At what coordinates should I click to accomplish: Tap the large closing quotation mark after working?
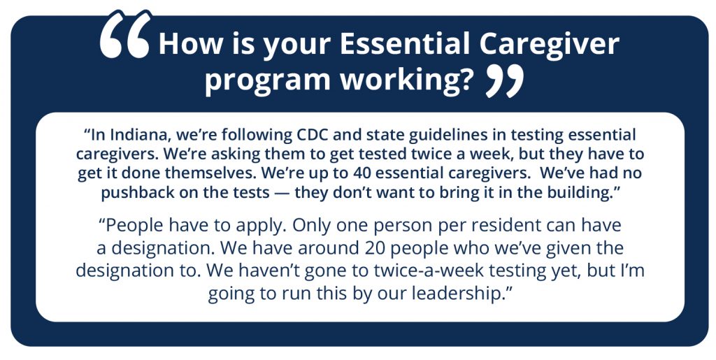coord(504,81)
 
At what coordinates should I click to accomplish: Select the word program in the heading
coord(267,81)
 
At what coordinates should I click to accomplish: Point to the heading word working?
coord(406,81)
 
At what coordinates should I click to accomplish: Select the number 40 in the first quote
coord(364,173)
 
